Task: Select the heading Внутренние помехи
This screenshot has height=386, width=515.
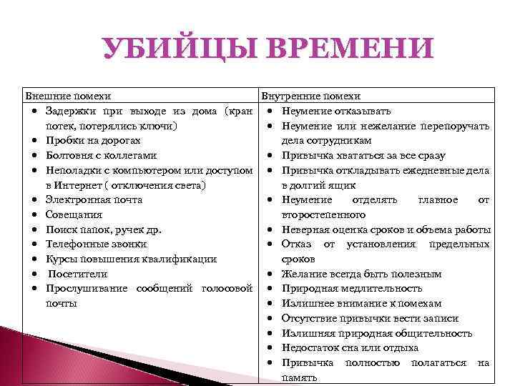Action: coord(311,96)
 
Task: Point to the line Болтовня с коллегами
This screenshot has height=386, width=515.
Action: coord(101,155)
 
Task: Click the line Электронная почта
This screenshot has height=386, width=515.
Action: coord(94,200)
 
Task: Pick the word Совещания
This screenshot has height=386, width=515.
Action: coord(74,214)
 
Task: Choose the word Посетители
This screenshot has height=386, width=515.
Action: coord(78,274)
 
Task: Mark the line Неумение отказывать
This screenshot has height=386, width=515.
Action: coord(336,112)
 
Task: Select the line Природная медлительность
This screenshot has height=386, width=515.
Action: coord(352,289)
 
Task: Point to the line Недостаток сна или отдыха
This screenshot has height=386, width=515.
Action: coord(350,348)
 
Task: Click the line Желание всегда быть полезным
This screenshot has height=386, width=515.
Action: coord(362,274)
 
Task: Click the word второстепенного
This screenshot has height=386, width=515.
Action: coord(324,214)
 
